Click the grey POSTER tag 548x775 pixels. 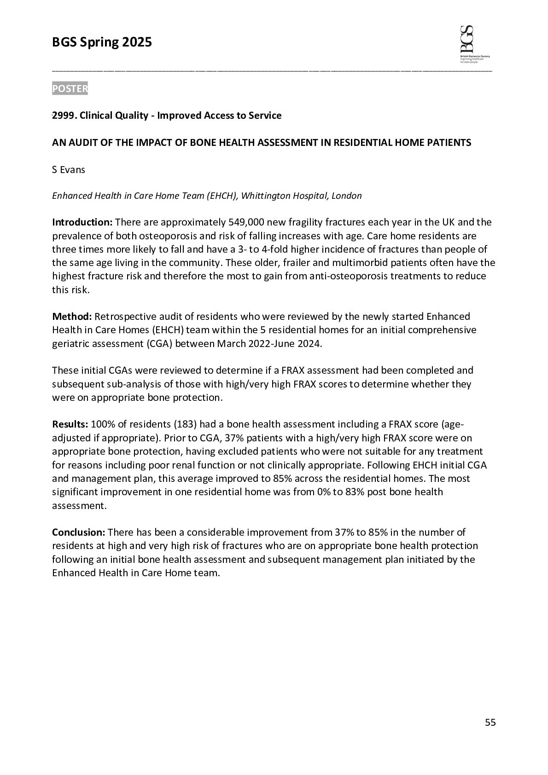click(70, 88)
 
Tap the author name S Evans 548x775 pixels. click(69, 169)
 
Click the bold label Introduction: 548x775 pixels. click(82, 222)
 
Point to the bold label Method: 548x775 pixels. click(72, 316)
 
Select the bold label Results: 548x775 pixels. click(70, 424)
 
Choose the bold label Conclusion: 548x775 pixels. click(79, 532)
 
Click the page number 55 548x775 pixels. click(490, 723)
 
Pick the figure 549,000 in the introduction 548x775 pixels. click(246, 222)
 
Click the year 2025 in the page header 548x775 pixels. click(136, 43)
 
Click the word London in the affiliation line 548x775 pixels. click(347, 196)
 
